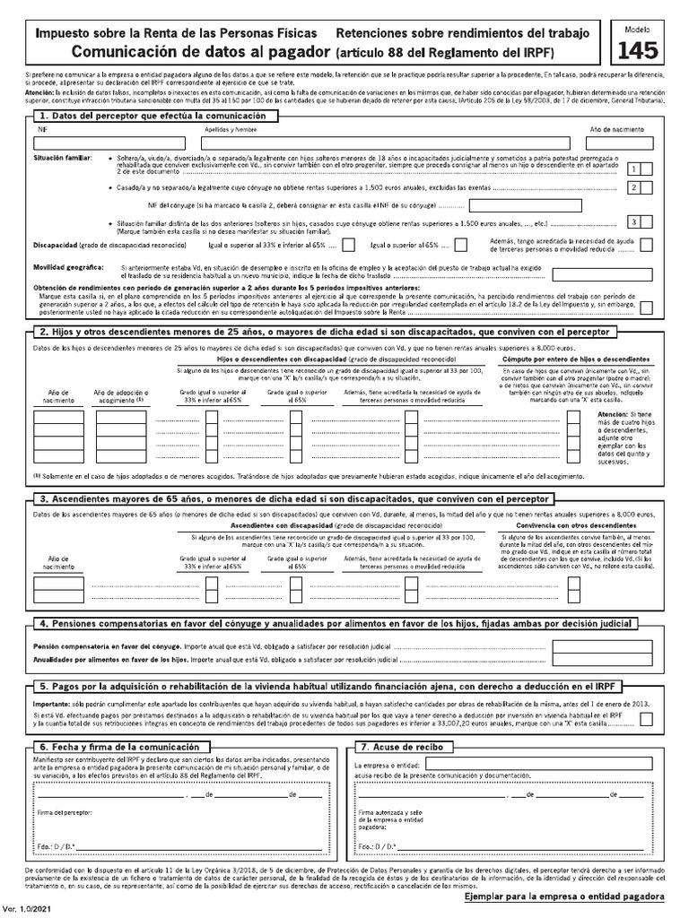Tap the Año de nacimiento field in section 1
point(617,142)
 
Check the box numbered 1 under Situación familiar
point(634,169)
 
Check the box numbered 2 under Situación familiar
point(634,187)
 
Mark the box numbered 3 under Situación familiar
point(634,221)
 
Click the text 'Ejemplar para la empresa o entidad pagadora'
point(564,896)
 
